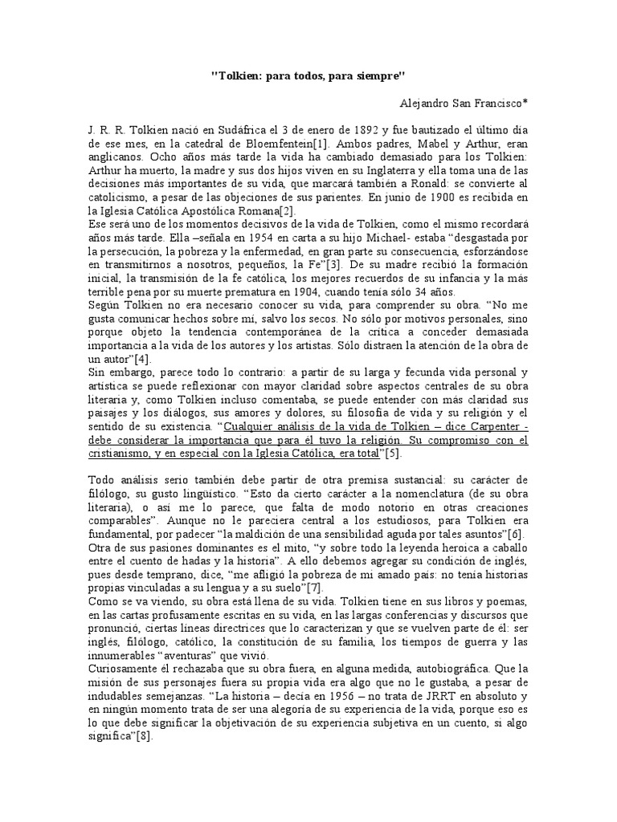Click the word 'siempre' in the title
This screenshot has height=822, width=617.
point(386,75)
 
